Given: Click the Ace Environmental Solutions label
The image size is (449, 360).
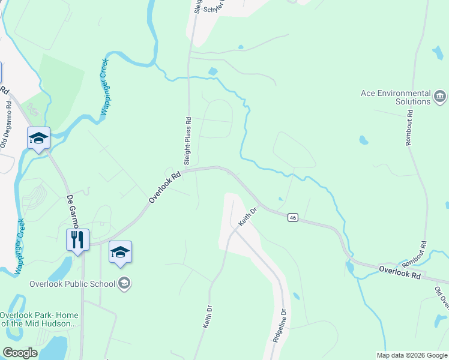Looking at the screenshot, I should pyautogui.click(x=396, y=97).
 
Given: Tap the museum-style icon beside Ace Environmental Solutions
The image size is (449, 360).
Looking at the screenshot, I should pyautogui.click(x=440, y=96).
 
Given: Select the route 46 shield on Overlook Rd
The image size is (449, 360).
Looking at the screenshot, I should pyautogui.click(x=292, y=217).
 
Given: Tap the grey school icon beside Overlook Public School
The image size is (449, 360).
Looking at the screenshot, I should pyautogui.click(x=124, y=283).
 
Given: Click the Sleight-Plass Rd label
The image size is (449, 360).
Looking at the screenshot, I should pyautogui.click(x=187, y=141).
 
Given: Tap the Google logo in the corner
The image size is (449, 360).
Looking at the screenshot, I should pyautogui.click(x=20, y=353).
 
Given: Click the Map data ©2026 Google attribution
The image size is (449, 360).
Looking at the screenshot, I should pyautogui.click(x=411, y=355).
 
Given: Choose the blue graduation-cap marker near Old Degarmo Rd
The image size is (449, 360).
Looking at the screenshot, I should pyautogui.click(x=38, y=139).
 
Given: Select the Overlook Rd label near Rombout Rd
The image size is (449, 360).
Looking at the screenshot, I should pyautogui.click(x=400, y=272).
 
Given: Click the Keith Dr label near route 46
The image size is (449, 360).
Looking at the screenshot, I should pyautogui.click(x=248, y=216).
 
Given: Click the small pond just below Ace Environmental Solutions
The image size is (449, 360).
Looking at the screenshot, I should pyautogui.click(x=363, y=140).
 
